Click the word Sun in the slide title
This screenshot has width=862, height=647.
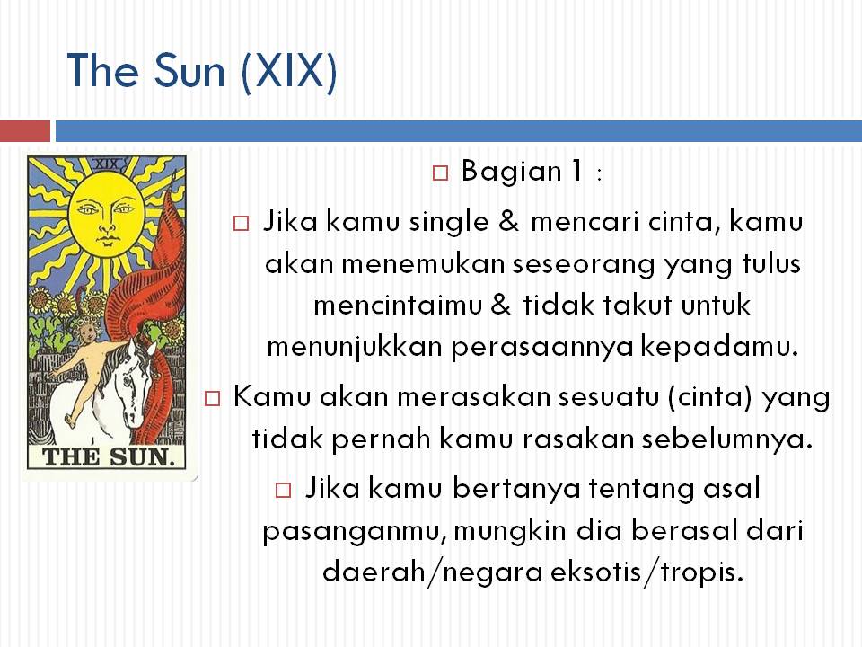pos(189,71)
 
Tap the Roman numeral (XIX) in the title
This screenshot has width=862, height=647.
pos(288,73)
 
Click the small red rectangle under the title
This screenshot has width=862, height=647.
pos(25,131)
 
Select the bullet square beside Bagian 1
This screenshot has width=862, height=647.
pos(440,173)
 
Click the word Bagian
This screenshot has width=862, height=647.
pos(511,172)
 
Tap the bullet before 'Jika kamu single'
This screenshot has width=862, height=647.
pos(241,224)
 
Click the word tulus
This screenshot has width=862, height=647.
pos(771,263)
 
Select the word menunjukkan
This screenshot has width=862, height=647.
pos(355,348)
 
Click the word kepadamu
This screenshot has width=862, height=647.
pos(719,348)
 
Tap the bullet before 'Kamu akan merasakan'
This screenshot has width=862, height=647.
pos(212,398)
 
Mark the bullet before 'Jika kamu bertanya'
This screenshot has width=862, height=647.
pos(283,490)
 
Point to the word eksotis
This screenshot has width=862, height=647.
pos(596,572)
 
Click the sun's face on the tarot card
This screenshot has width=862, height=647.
pos(107,216)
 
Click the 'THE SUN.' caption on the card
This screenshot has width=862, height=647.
pos(109,456)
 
